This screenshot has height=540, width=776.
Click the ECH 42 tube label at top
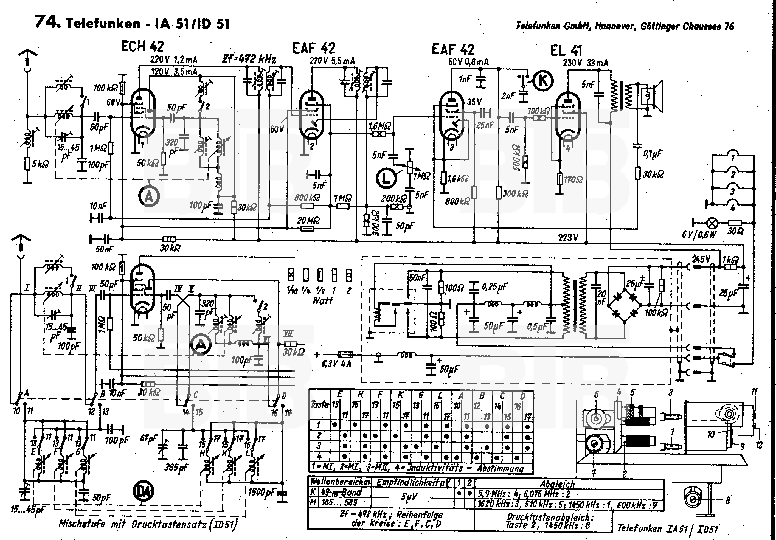[142, 47]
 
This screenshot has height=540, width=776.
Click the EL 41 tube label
[566, 51]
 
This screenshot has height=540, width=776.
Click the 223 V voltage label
[568, 238]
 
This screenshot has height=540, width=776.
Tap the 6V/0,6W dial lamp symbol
[712, 223]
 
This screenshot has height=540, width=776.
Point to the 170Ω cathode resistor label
[573, 179]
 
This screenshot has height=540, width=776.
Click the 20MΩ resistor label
[308, 221]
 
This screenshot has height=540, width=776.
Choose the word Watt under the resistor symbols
[322, 300]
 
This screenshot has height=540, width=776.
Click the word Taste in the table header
[319, 404]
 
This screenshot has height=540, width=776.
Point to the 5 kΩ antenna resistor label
[40, 165]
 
